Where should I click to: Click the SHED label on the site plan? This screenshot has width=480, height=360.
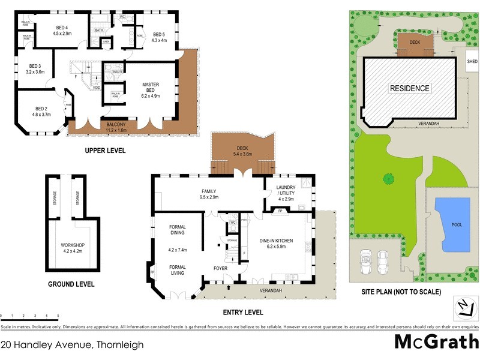tap(472, 61)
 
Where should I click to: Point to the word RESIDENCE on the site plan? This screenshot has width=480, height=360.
tap(410, 88)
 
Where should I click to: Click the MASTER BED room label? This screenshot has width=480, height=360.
tap(149, 88)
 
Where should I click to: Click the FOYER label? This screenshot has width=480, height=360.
tap(220, 268)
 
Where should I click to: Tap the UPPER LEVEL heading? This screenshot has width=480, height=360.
tap(105, 151)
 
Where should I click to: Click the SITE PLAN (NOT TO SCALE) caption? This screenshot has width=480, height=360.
tap(401, 292)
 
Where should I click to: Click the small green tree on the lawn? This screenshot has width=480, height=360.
tap(388, 178)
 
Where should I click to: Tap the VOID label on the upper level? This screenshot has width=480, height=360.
tap(96, 88)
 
